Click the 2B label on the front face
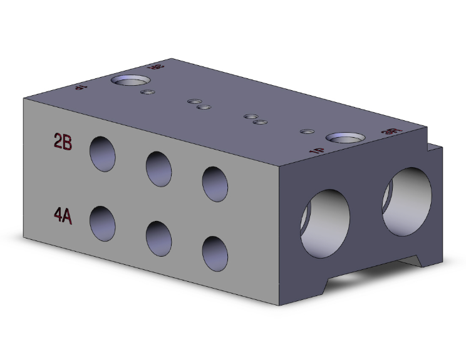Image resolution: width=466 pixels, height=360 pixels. click(x=63, y=142)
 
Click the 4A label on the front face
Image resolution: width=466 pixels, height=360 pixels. click(x=63, y=216)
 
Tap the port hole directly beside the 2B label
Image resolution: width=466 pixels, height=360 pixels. click(x=103, y=153)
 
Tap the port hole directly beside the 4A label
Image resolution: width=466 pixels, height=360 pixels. click(x=103, y=224)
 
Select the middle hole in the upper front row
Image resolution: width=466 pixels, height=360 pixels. click(x=159, y=168)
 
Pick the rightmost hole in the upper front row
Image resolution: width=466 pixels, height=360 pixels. click(x=215, y=183)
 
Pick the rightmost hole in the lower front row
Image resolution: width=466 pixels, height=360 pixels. click(x=214, y=254)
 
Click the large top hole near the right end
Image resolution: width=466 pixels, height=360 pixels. click(x=346, y=137)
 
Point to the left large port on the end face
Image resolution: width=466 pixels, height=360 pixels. click(x=326, y=220)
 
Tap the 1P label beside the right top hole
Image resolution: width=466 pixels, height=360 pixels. click(x=318, y=151)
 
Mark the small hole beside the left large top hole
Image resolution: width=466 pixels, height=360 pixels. click(x=148, y=92)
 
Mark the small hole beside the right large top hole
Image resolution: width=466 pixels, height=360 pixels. click(x=307, y=131)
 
